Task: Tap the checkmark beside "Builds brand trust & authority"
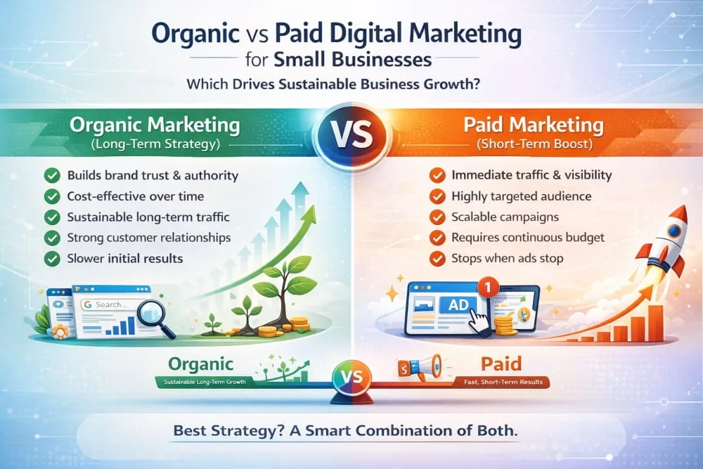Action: pos(51,175)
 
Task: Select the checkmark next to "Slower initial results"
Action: pos(51,258)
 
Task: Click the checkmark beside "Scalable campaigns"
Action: pos(437,217)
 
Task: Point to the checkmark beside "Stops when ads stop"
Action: pos(437,258)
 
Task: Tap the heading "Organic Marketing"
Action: pos(155,127)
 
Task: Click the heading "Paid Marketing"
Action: pos(535,127)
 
